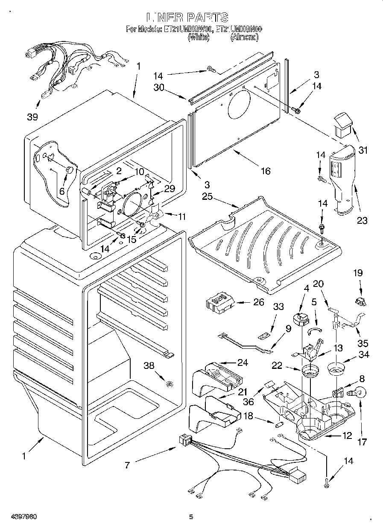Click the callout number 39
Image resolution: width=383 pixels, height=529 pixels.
(x=32, y=117)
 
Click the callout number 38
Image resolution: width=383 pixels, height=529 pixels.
(x=149, y=365)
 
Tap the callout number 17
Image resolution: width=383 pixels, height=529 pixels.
(x=362, y=442)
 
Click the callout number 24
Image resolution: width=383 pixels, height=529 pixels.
(x=243, y=363)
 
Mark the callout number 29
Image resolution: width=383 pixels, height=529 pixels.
(x=170, y=188)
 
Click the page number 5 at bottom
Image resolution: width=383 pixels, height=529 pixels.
(x=191, y=517)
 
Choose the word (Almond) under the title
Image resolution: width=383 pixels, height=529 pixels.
(x=245, y=38)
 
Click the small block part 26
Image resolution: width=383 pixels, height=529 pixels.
(x=220, y=304)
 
